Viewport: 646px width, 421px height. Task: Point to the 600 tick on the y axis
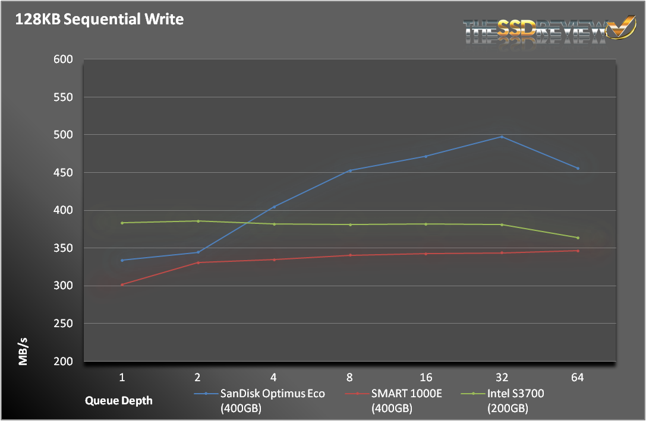(x=62, y=59)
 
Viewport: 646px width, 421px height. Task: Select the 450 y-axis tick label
(x=62, y=173)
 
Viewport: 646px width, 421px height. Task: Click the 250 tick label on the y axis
(x=62, y=324)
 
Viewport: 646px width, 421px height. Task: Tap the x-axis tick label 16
(x=426, y=378)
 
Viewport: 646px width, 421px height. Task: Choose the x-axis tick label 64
(x=577, y=378)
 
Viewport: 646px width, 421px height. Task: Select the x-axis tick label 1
(x=122, y=378)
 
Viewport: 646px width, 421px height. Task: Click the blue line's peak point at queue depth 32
(x=502, y=137)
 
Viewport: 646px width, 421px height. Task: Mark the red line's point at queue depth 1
(x=122, y=284)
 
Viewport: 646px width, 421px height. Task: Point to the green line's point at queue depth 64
(x=577, y=238)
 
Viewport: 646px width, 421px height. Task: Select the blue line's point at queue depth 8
(x=350, y=170)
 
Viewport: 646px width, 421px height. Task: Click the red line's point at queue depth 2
(x=198, y=262)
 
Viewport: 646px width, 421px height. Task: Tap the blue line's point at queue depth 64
(x=577, y=168)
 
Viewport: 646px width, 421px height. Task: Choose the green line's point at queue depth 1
(x=122, y=223)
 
